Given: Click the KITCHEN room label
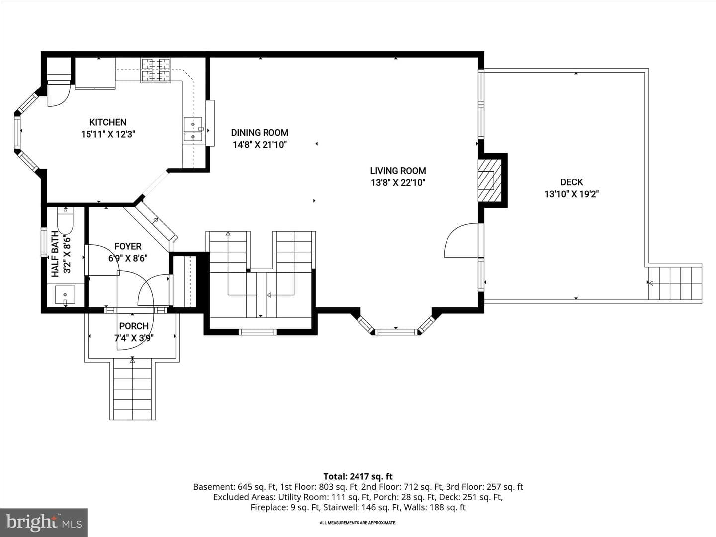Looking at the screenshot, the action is pos(108,122).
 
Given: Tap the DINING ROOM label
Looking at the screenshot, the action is pos(260,133).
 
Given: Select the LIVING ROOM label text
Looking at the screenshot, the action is pos(398,171).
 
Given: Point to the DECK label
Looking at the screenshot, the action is pos(571,182).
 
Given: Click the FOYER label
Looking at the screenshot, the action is pos(128,246).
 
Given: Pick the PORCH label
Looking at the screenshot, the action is pos(134,326).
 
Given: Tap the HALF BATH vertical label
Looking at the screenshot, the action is pos(56,254).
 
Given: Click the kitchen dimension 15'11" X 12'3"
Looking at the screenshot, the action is pos(108,134).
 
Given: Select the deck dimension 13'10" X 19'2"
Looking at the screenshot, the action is pos(571,194).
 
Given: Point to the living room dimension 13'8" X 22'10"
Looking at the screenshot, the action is pos(398,182).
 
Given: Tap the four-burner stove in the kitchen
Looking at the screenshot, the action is pos(156,70).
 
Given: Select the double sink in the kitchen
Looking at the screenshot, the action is pos(193,129).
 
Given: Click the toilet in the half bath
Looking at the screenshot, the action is pos(65,220).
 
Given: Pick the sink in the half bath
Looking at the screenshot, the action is pos(65,295).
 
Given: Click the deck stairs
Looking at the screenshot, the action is pos(675,283).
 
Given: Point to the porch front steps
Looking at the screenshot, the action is pos(132,389).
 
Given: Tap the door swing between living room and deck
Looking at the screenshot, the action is pos(461,240).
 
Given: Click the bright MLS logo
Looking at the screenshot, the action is pos(44,522).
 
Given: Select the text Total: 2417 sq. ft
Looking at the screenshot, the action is pos(358,477).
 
